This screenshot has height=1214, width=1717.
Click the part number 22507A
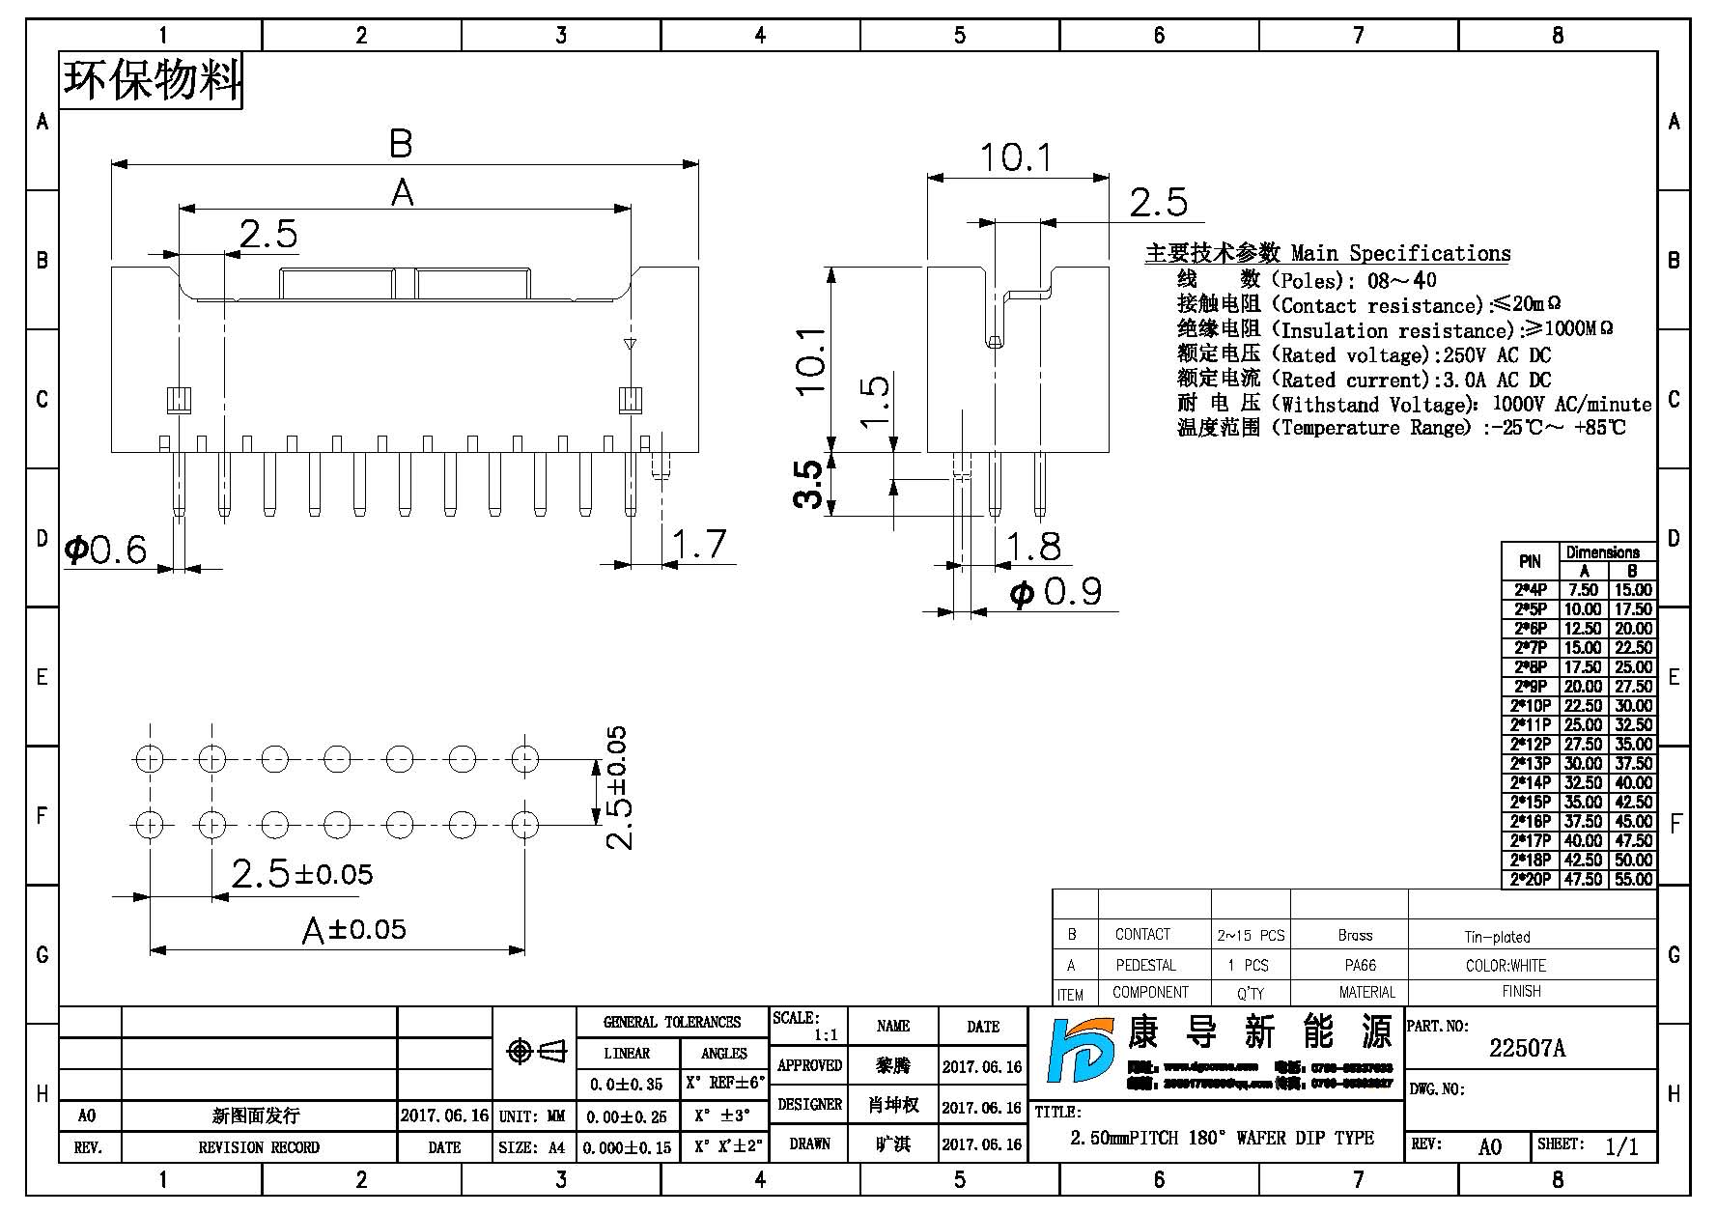[x=1527, y=1048]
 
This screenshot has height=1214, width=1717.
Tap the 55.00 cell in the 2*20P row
[x=1633, y=879]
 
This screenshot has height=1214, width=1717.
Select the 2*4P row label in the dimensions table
[x=1530, y=589]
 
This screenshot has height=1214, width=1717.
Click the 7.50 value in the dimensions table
[x=1583, y=589]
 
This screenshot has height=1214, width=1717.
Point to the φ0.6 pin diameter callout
[x=105, y=550]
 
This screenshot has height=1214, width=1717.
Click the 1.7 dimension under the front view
[x=698, y=544]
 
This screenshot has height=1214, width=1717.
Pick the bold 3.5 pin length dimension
[x=809, y=484]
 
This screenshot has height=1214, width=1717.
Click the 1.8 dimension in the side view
[x=1033, y=547]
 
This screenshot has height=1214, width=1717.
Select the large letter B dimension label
[x=401, y=144]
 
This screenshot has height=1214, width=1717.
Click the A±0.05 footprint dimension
[x=354, y=930]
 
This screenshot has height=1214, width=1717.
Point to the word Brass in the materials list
[x=1355, y=935]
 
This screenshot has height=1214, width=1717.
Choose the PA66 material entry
[x=1360, y=965]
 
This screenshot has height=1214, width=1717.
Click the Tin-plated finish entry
[x=1497, y=937]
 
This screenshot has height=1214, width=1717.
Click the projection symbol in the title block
[x=536, y=1051]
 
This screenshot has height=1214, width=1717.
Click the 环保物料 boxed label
[x=152, y=80]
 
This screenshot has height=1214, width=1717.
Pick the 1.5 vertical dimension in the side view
[x=874, y=401]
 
